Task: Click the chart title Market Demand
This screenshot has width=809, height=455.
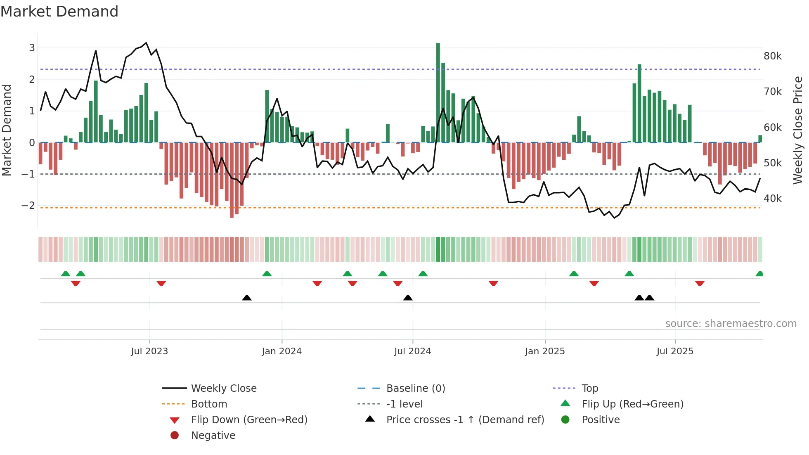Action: tap(59, 12)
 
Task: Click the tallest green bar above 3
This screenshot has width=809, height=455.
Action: tap(438, 92)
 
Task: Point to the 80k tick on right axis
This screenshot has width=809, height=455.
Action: tap(772, 56)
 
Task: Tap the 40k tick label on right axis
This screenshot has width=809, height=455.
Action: tap(772, 199)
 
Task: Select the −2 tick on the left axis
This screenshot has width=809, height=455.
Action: tap(28, 206)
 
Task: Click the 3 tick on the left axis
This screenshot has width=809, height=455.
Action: tap(32, 47)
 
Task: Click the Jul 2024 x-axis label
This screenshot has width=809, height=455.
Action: tap(412, 351)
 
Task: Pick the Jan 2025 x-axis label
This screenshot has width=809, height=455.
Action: tap(544, 351)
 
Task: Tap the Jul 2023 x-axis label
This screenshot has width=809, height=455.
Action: tap(149, 351)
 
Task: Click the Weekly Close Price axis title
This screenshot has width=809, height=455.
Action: tap(797, 130)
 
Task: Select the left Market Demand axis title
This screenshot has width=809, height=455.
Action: tap(7, 130)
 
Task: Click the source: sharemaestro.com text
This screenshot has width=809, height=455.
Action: tap(731, 324)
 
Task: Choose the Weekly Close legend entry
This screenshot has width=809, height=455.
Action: tap(223, 389)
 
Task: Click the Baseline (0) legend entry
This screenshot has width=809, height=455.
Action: tap(415, 389)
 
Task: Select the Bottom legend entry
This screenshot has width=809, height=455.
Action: tap(209, 404)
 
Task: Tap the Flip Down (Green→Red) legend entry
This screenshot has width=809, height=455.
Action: tap(249, 420)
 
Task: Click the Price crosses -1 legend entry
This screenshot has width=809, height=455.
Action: tap(465, 420)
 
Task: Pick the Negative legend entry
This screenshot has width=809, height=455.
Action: tap(213, 436)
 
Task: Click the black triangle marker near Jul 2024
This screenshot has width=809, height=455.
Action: tap(408, 298)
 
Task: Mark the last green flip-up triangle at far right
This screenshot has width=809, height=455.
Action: tap(759, 274)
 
